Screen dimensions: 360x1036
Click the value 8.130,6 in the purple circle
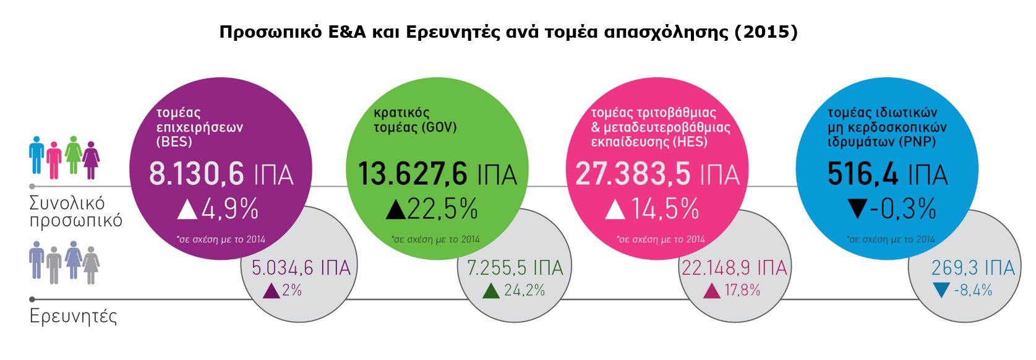point(197,174)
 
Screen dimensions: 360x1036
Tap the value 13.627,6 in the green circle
point(413,174)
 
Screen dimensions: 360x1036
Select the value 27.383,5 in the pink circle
point(632,174)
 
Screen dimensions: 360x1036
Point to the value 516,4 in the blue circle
point(862,174)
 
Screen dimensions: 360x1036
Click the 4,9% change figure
point(229,210)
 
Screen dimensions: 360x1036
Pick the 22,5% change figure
point(442,210)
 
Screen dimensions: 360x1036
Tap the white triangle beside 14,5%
point(615,210)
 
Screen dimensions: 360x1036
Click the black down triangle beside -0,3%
point(857,209)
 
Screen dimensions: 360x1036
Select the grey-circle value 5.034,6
point(282,268)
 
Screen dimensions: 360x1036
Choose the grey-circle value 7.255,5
point(497,268)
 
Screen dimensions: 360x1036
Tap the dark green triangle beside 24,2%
point(491,291)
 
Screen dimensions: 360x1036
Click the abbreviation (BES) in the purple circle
point(174,142)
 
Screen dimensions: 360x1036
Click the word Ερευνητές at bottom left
point(73,317)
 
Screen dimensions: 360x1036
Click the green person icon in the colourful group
point(74,155)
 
